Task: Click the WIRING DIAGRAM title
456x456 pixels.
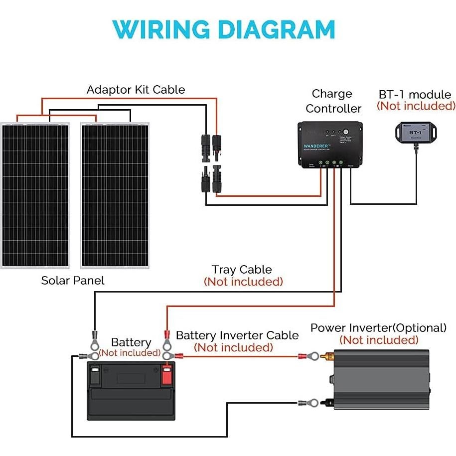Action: pyautogui.click(x=224, y=29)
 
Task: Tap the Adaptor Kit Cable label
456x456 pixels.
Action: pyautogui.click(x=136, y=90)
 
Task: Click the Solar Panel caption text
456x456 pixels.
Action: pyautogui.click(x=73, y=281)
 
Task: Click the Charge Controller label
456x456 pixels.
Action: pyautogui.click(x=333, y=101)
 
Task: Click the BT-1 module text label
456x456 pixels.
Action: pyautogui.click(x=415, y=95)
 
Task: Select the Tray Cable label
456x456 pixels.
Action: pyautogui.click(x=242, y=270)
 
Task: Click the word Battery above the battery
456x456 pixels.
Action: pyautogui.click(x=131, y=342)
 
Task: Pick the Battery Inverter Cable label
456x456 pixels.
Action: pyautogui.click(x=237, y=335)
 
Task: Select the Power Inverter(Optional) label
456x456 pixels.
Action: pyautogui.click(x=378, y=328)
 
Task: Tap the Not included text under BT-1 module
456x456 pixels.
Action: pyautogui.click(x=416, y=106)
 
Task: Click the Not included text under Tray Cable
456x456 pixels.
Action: pyautogui.click(x=243, y=282)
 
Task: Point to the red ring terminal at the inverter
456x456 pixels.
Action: pyautogui.click(x=309, y=356)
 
